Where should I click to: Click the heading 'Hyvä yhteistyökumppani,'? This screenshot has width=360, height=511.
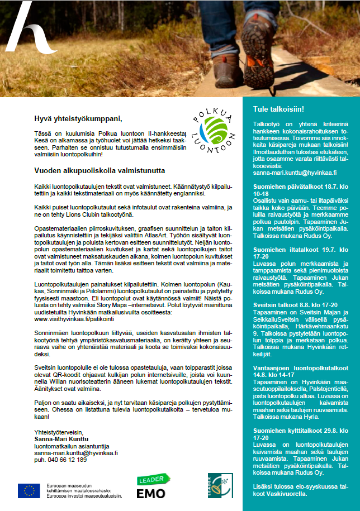pos(77,118)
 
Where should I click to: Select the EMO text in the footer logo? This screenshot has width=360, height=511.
pos(151,493)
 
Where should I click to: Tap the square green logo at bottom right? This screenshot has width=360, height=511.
pos(220,485)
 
